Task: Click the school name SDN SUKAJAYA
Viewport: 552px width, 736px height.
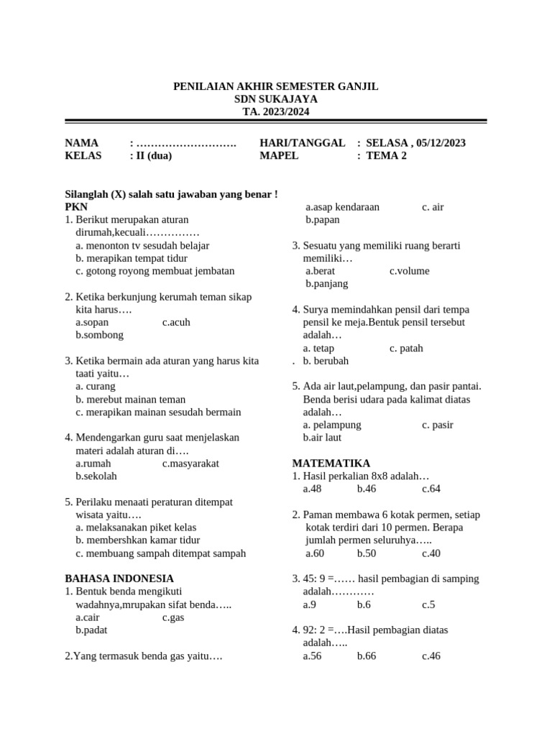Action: coord(276,99)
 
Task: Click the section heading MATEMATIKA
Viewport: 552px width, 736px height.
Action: coord(331,463)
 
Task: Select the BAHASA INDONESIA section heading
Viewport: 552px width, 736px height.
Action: coord(119,578)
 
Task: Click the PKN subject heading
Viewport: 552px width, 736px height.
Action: coord(75,207)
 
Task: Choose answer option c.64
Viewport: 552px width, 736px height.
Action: coord(431,489)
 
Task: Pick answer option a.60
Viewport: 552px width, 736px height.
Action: coord(315,553)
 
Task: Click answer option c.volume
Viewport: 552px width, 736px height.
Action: coord(410,271)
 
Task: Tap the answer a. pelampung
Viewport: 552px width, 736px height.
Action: coord(332,425)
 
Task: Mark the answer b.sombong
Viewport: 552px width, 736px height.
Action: coord(99,335)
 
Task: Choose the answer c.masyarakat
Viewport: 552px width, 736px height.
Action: coord(191,464)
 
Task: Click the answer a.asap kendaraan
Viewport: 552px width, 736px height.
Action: coord(342,207)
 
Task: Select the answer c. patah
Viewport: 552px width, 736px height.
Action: coord(406,348)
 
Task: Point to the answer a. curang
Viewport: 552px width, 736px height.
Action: coord(95,387)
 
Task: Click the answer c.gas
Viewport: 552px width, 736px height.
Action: coord(173,617)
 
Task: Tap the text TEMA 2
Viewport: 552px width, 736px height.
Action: coord(386,155)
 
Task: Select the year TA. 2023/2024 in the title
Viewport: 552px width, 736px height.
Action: coord(276,112)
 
